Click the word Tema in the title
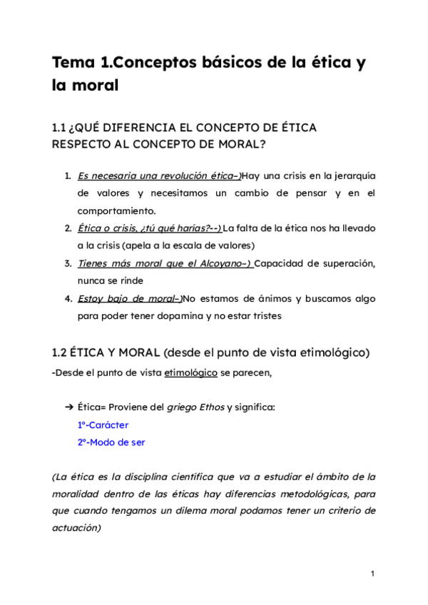pos(73,63)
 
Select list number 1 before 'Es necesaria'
pos(67,176)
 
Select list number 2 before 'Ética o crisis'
pos(67,228)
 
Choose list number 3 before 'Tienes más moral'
pos(67,263)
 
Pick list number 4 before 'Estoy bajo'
pos(67,298)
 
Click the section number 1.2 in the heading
pos(59,352)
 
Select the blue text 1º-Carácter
pos(103,424)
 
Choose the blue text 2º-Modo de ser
pos(111,442)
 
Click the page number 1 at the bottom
pos(372,574)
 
